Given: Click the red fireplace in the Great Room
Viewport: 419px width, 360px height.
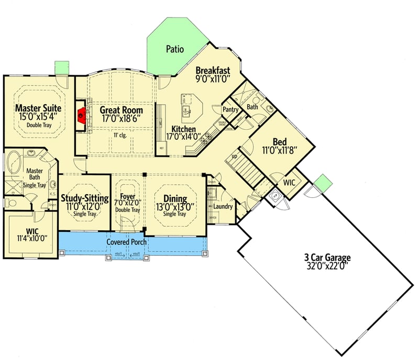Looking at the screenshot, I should pos(80,114).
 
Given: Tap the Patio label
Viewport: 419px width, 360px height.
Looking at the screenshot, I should pos(175,50).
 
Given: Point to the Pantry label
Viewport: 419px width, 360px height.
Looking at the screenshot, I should pos(230,110).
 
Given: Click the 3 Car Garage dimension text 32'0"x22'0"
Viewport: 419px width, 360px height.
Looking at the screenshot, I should pos(327,265).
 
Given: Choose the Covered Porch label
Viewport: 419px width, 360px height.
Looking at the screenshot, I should pos(127,242).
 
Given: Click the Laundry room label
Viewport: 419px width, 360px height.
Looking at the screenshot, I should pos(223,207).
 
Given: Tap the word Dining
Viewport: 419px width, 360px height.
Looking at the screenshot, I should pos(175,198).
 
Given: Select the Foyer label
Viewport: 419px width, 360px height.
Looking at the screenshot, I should pos(128,197).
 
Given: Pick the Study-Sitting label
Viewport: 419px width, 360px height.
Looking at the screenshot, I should pos(85,198).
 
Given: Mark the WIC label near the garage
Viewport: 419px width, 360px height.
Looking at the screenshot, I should pos(290,184).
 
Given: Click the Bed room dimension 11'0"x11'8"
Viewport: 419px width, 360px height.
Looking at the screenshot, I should pos(279,150).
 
